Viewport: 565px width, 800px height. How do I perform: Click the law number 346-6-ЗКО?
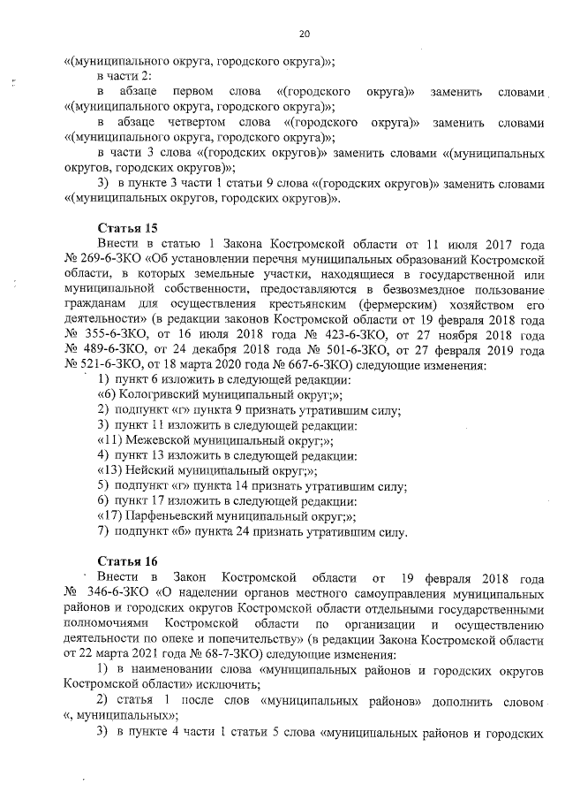coord(119,591)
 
